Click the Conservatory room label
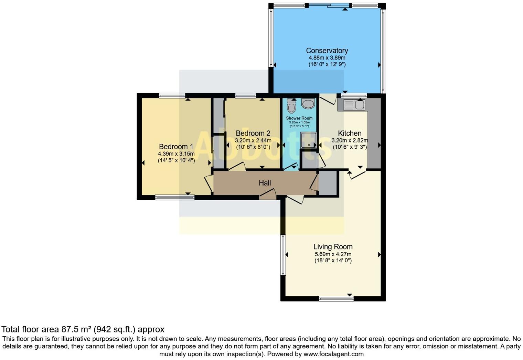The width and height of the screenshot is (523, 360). click(x=327, y=51)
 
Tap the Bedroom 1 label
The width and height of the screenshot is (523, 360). click(x=176, y=147)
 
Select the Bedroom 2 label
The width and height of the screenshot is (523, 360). click(x=253, y=133)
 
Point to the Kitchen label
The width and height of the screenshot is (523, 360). click(x=350, y=133)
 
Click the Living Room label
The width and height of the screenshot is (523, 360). click(x=333, y=247)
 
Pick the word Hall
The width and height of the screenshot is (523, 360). click(x=265, y=183)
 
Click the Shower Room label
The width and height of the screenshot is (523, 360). click(x=299, y=118)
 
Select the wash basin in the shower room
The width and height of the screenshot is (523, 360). click(x=308, y=104)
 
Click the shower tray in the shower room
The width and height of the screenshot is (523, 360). click(x=308, y=140)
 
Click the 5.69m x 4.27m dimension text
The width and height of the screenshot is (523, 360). click(x=333, y=254)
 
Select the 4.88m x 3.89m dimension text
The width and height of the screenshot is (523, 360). click(x=327, y=58)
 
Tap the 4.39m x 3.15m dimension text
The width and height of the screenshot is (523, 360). click(x=176, y=154)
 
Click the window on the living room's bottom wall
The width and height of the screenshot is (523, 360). click(x=336, y=298)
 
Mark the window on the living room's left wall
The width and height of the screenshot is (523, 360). click(x=283, y=255)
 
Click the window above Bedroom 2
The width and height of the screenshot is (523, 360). click(x=245, y=95)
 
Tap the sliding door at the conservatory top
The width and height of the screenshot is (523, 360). click(x=329, y=6)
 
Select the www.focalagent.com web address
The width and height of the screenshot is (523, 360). click(x=333, y=354)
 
